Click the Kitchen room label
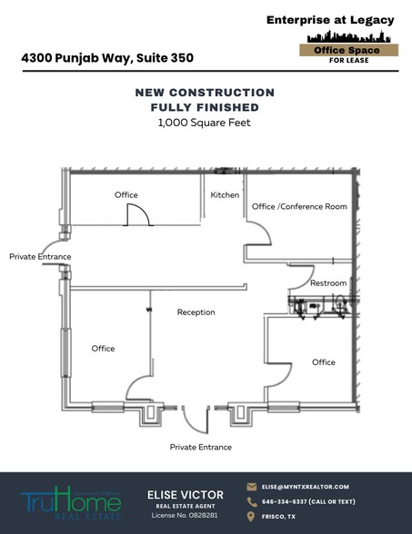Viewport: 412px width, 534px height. [225, 195]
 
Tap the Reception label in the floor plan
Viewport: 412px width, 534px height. [196, 312]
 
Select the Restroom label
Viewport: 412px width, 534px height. [327, 283]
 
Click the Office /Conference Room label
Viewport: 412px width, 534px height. [299, 207]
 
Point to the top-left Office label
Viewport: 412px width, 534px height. [126, 195]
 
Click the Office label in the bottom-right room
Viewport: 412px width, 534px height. [323, 362]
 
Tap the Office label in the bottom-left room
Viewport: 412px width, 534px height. [103, 349]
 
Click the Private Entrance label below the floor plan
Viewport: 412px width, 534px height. [200, 447]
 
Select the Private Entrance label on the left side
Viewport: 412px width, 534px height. [40, 257]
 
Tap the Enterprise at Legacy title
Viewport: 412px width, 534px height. [330, 20]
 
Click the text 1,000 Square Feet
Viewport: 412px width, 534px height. [205, 124]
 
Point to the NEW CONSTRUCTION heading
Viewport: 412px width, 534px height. [205, 93]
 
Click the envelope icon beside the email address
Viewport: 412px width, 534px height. [252, 487]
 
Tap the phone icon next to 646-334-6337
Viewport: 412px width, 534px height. [252, 501]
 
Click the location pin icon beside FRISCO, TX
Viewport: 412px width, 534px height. [252, 516]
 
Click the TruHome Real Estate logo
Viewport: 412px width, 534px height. [71, 501]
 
